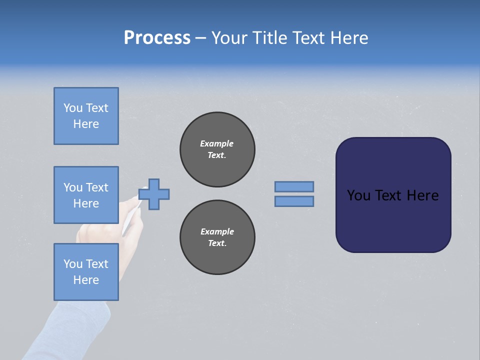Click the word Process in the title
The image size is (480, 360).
point(157,38)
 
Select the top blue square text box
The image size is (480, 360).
point(86,116)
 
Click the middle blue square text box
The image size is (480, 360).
point(86,195)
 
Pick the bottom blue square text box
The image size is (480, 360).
point(86,272)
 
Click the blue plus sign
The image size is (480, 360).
point(154,194)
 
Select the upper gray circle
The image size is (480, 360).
point(217,149)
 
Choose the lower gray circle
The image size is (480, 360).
point(217,237)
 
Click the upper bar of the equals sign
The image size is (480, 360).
point(294,186)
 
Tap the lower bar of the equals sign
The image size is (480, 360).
point(294,201)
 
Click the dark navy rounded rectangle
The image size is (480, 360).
point(393,220)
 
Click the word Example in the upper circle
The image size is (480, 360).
point(216,143)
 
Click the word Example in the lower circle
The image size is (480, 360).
point(217,231)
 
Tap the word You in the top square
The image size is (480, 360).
point(72,108)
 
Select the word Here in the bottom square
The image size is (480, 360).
point(86,280)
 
